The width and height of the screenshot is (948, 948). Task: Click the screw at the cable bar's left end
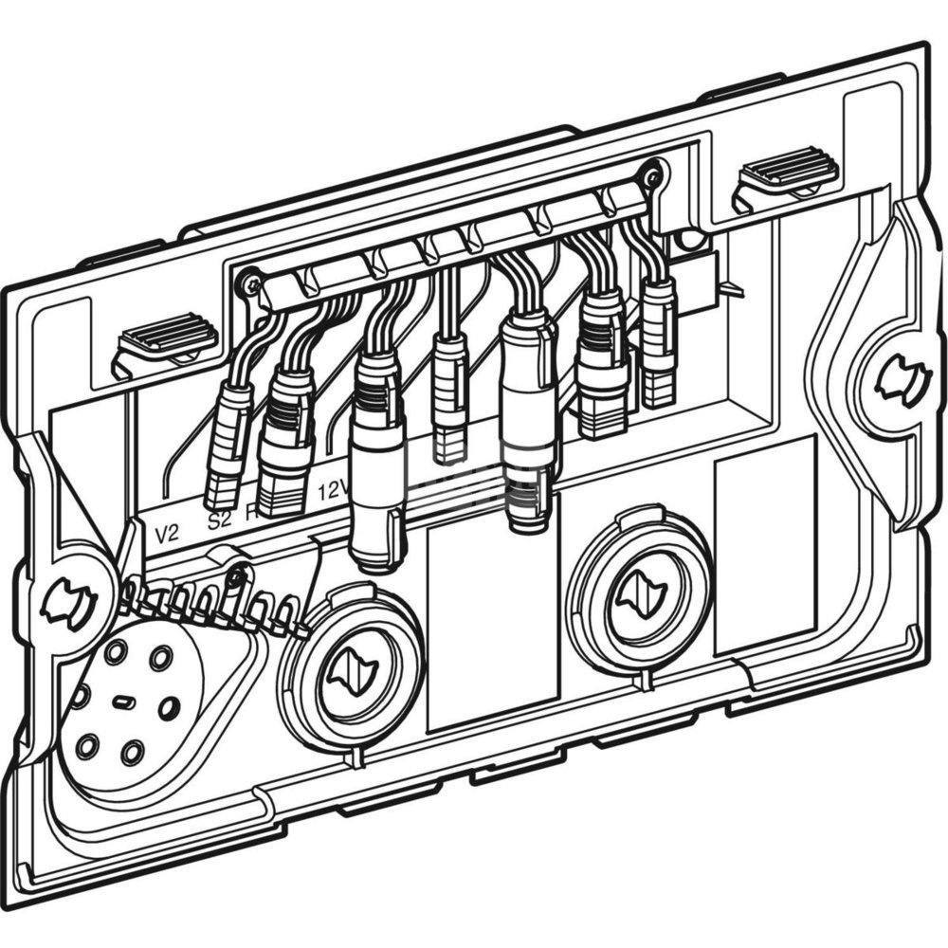[x=250, y=282]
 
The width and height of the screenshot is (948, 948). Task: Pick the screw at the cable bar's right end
[x=650, y=175]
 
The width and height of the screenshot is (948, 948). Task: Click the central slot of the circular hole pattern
[x=122, y=702]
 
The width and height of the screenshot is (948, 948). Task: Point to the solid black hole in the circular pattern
[x=169, y=706]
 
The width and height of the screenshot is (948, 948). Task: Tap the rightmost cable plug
[x=658, y=342]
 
